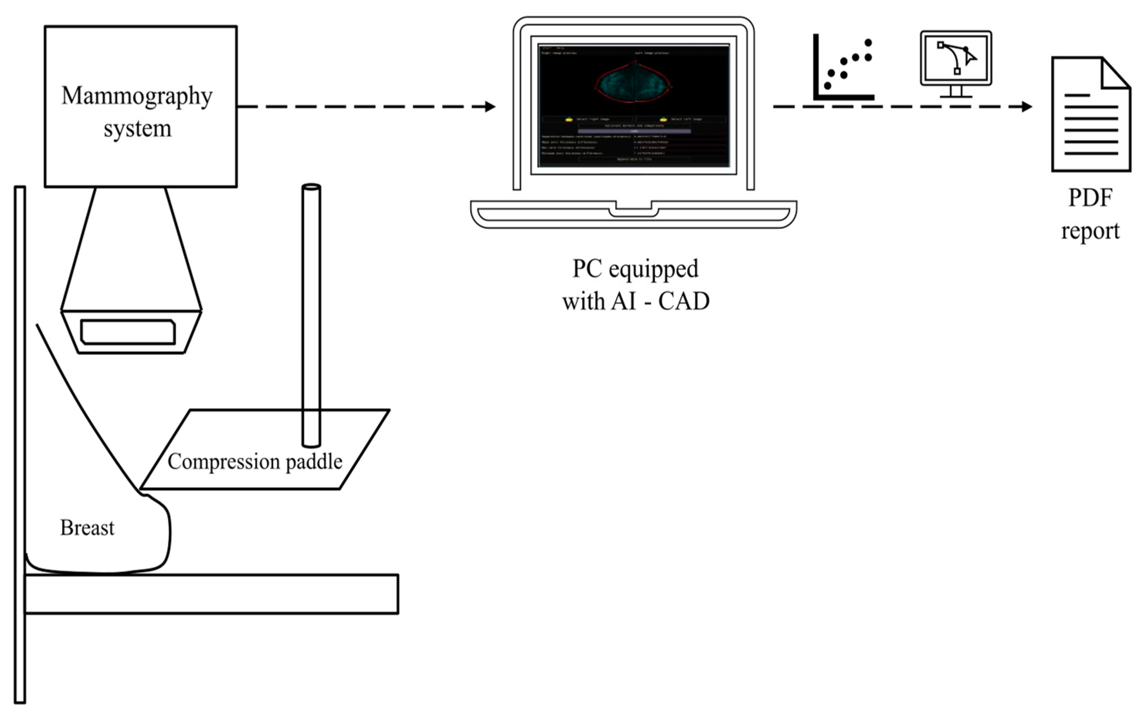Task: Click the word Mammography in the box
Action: [137, 97]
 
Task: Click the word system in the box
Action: [138, 128]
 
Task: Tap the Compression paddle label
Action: [255, 462]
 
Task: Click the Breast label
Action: [87, 528]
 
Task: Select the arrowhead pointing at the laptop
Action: [490, 107]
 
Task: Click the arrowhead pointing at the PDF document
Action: [1026, 107]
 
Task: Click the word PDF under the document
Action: [1090, 198]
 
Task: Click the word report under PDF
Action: [1090, 231]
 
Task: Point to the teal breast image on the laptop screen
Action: [633, 84]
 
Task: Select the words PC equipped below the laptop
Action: [635, 269]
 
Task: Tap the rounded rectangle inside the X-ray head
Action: [128, 332]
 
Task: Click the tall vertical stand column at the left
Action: [19, 442]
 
